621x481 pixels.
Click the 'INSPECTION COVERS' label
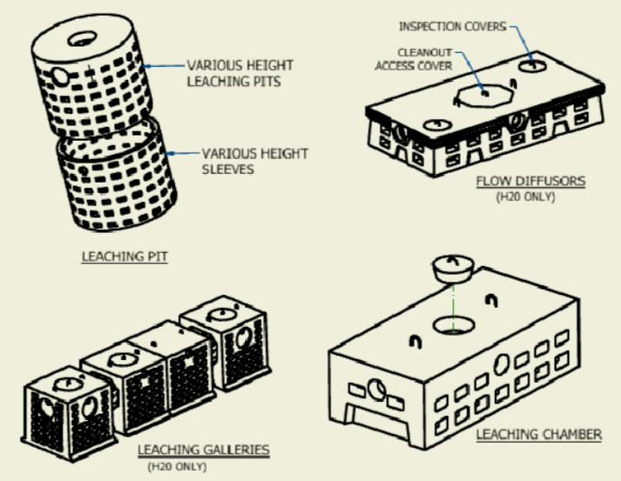click(451, 26)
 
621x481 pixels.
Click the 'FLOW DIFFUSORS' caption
click(530, 182)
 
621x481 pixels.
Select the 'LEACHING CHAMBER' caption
click(538, 432)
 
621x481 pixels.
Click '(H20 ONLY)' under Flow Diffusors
click(525, 197)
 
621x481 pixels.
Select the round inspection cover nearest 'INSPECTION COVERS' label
click(531, 66)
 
